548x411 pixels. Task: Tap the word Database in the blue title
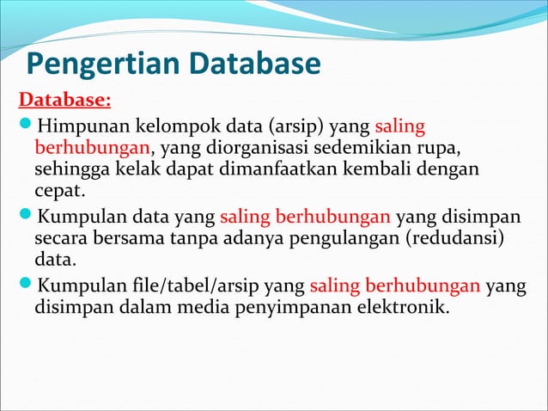[x=254, y=64]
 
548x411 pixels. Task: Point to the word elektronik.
[x=404, y=305]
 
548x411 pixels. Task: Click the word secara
[x=63, y=236]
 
